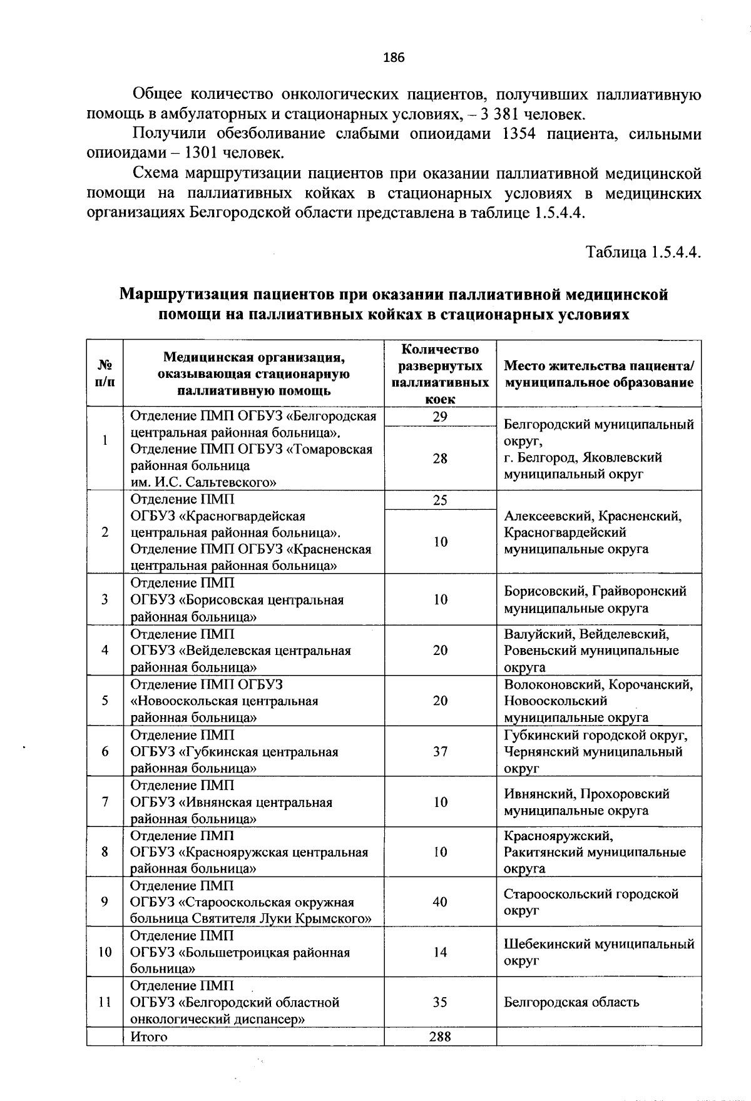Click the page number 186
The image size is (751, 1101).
tap(394, 58)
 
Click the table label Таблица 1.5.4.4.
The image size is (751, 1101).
tap(643, 253)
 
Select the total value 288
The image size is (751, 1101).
tap(440, 1037)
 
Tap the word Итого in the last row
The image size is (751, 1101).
tap(149, 1037)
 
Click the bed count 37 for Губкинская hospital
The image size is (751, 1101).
tap(440, 751)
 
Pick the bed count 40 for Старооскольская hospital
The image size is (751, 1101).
tap(440, 902)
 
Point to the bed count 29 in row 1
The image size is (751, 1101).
tap(440, 417)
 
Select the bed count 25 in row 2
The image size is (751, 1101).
tap(440, 500)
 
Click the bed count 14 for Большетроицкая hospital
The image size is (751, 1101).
tap(440, 952)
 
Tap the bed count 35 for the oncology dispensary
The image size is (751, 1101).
tap(440, 1002)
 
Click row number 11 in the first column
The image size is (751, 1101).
tap(105, 1002)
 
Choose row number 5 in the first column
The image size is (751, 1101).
tap(105, 701)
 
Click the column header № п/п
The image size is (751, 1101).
tap(105, 373)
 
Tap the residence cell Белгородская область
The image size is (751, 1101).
tap(571, 1002)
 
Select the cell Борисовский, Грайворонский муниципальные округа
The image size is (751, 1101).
tap(595, 599)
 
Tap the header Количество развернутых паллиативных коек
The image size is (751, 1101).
tap(440, 373)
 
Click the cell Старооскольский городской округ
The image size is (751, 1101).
tap(591, 902)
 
